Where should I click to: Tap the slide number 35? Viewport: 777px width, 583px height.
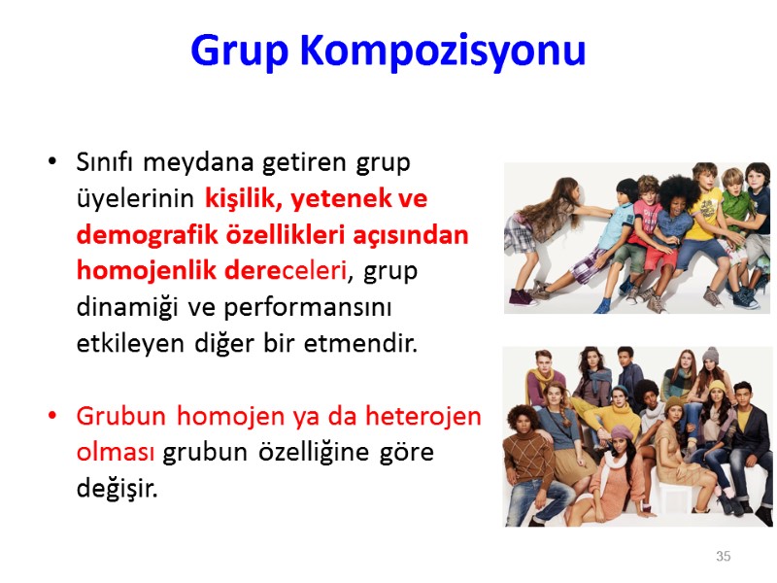click(x=723, y=556)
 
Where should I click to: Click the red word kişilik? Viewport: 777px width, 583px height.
click(x=242, y=199)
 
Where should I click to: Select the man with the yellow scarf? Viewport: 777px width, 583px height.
click(x=549, y=389)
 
